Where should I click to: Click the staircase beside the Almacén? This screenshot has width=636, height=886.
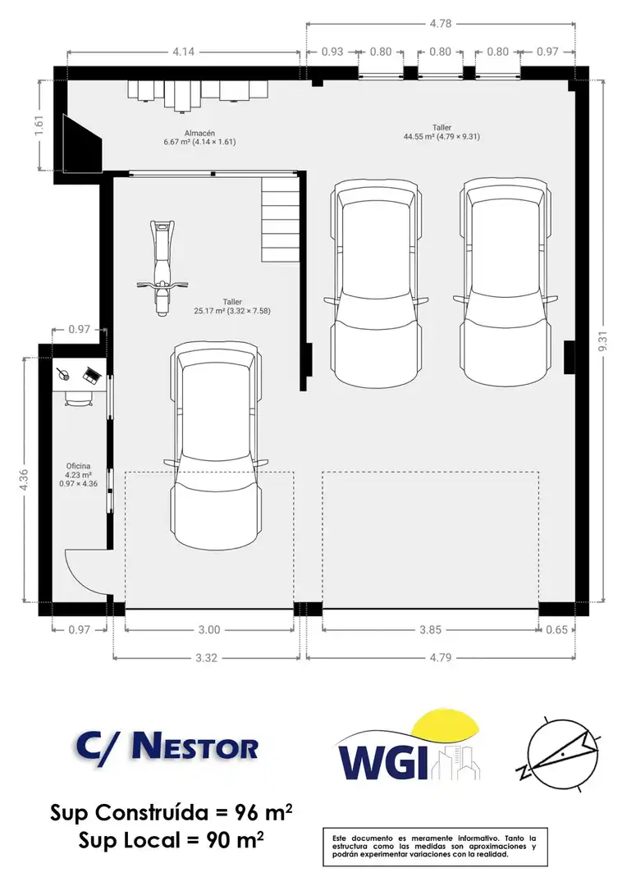[280, 219]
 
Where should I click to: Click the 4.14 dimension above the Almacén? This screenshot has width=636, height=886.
[183, 52]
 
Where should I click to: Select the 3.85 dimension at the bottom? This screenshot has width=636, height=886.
[430, 629]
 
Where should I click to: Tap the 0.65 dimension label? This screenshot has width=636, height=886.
[557, 629]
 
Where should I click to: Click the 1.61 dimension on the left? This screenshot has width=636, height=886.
[39, 126]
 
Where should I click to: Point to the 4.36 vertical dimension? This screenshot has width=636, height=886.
[24, 480]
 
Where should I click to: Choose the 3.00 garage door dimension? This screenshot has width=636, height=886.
[209, 629]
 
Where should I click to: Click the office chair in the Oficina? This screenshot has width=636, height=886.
[78, 399]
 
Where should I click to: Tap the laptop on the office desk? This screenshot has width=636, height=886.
[91, 374]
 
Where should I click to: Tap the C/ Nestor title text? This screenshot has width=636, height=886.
[167, 747]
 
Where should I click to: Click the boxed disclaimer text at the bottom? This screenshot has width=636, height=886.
[435, 847]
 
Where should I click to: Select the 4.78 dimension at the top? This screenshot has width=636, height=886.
[441, 24]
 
